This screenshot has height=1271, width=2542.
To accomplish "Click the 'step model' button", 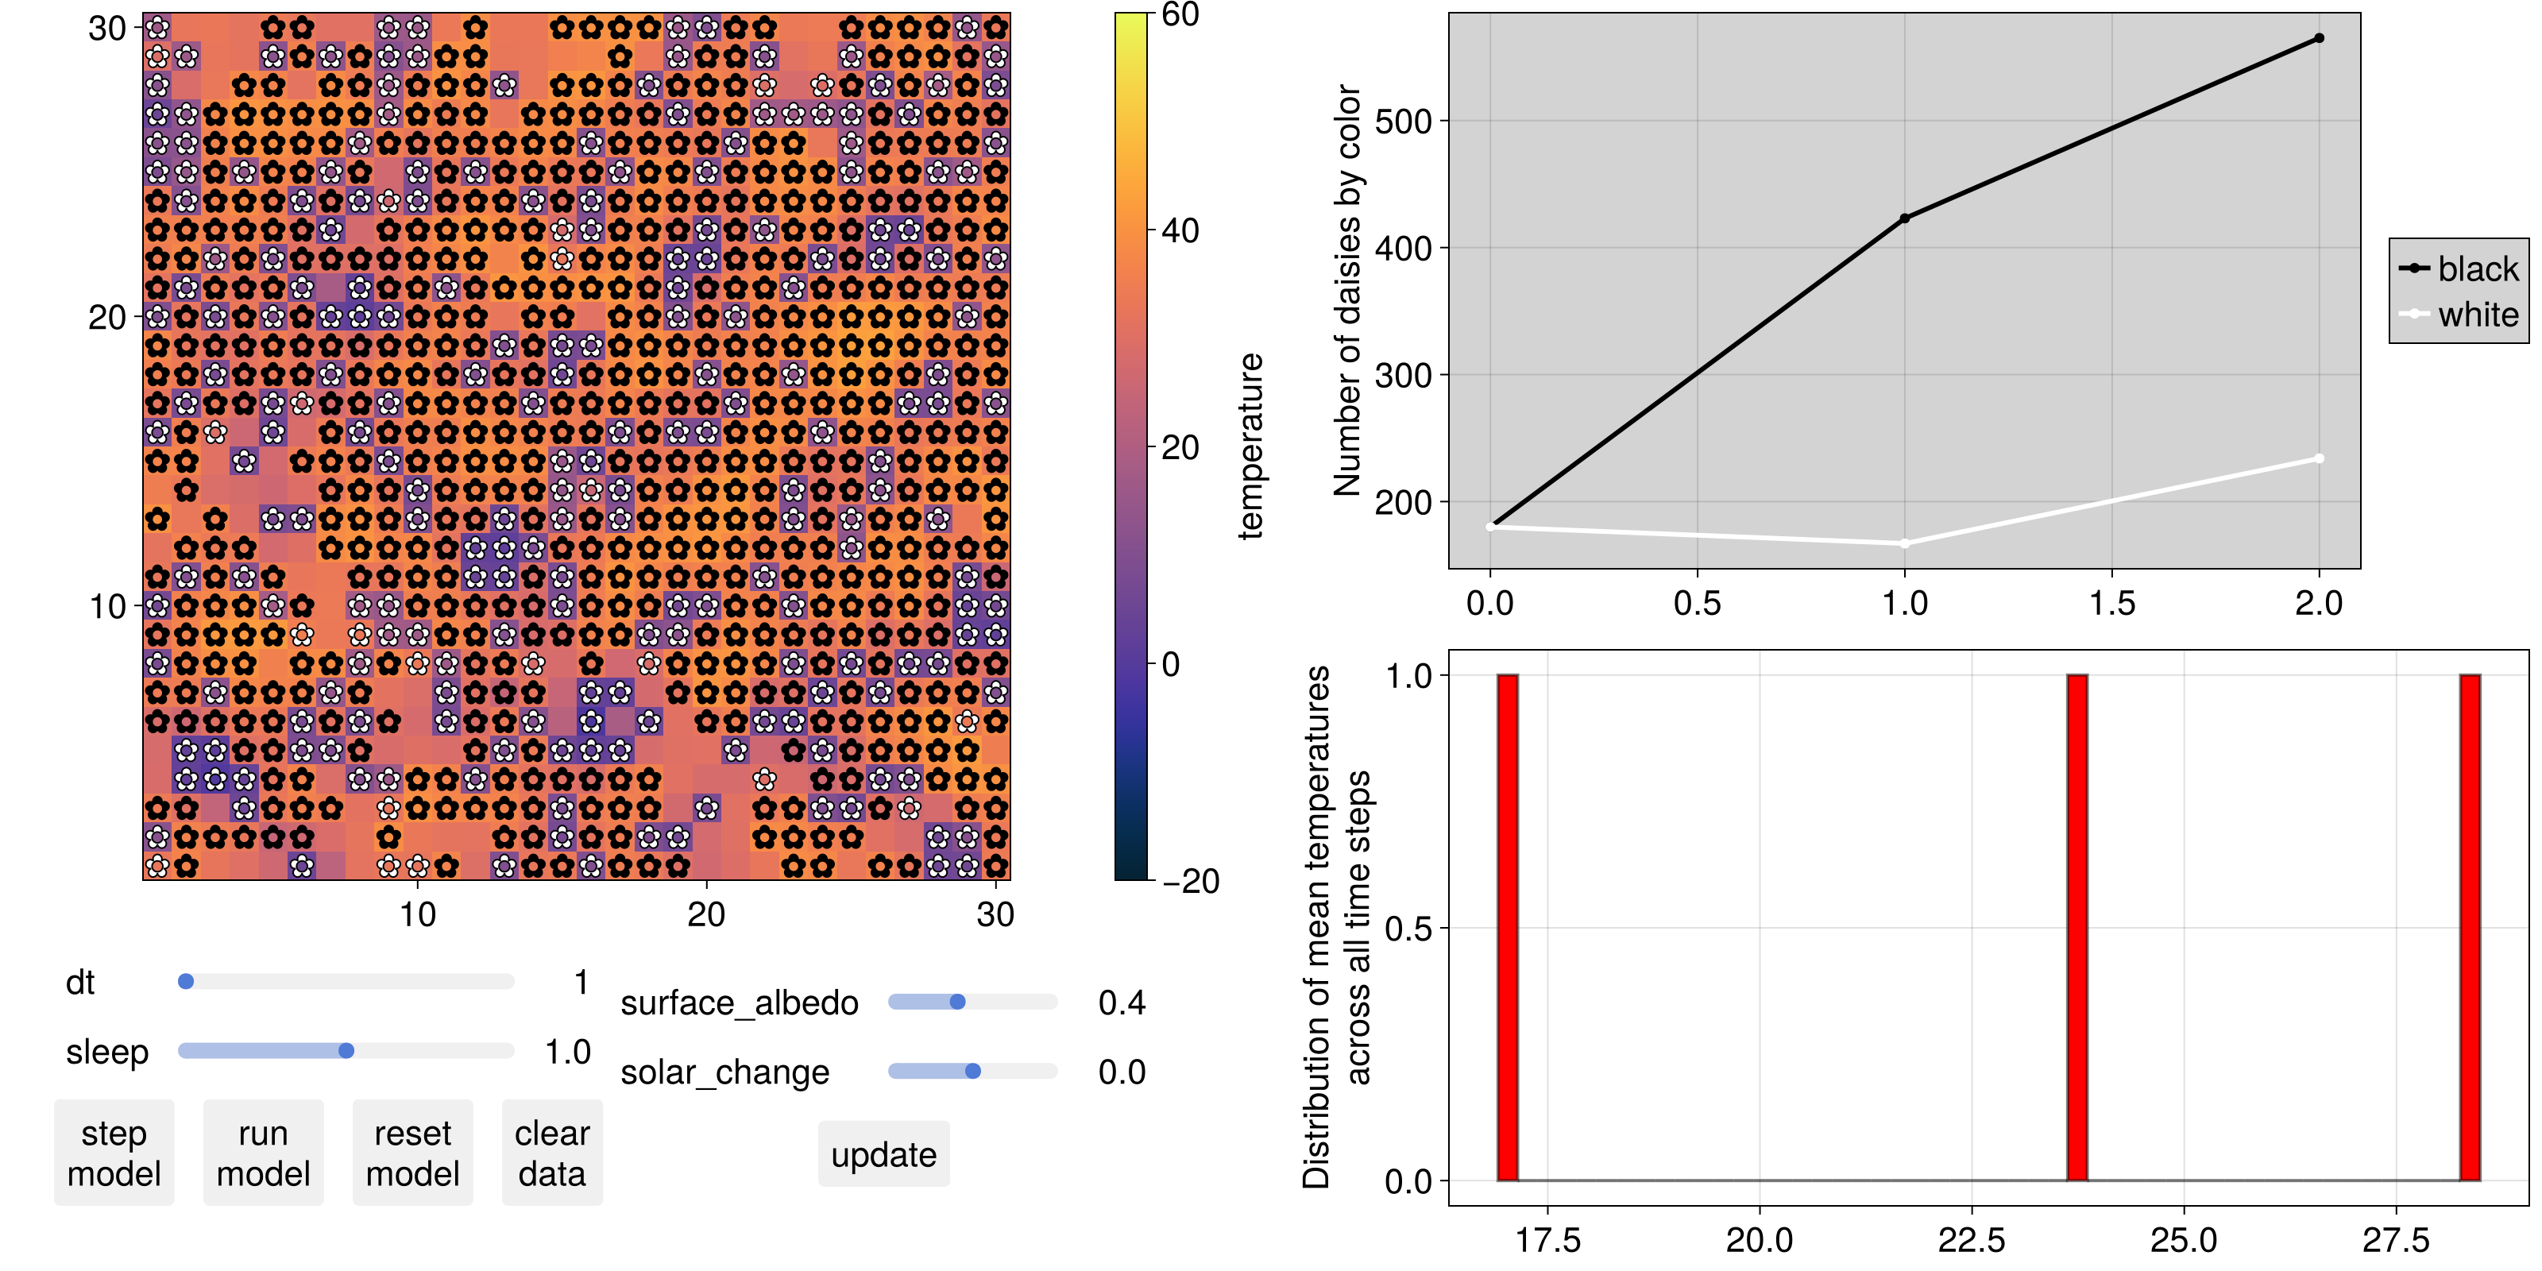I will pos(114,1153).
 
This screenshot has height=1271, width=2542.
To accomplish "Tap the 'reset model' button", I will pos(412,1153).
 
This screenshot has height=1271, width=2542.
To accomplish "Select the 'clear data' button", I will pos(551,1153).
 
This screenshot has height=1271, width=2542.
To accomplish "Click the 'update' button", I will pos(883,1154).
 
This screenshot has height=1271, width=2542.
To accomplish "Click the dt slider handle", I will pos(186,982).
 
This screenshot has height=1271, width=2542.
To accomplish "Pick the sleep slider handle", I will pos(346,1051).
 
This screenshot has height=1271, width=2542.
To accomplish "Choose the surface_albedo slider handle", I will pos(957,1002).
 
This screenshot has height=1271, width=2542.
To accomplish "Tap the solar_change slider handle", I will pos(973,1071).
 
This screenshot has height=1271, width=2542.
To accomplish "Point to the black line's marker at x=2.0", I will pos(2319,38).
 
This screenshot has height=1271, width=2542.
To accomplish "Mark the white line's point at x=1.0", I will pos(1905,543).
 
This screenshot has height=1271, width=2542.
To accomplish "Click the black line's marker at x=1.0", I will pos(1905,218).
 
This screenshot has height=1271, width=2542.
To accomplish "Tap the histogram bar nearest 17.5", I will pos(1508,928).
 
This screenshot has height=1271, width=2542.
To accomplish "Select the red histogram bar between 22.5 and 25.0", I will pos(2077,928).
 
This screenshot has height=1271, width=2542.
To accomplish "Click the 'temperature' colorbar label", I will pos(1250,446).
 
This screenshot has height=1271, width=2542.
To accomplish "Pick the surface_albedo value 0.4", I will pos(1122,1003).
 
